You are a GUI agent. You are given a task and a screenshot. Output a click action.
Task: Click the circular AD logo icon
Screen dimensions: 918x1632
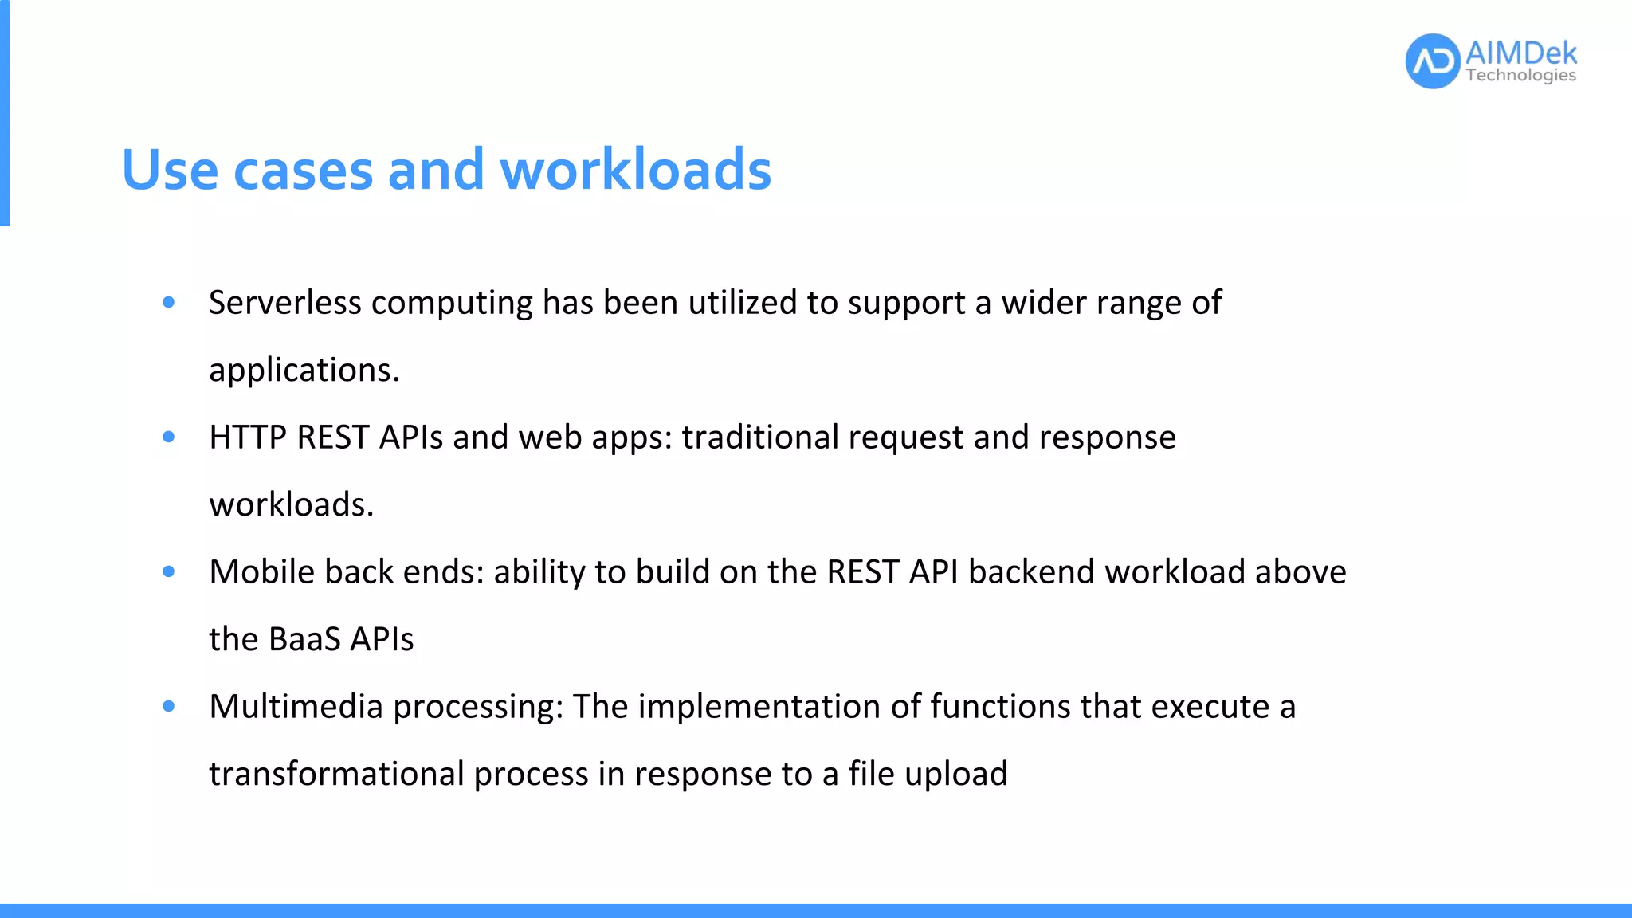click(x=1433, y=61)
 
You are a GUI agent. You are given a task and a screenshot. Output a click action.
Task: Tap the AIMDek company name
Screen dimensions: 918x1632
click(x=1520, y=53)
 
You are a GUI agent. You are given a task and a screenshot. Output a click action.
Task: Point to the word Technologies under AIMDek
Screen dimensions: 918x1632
click(x=1520, y=76)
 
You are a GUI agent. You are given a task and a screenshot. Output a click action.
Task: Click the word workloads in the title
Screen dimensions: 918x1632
click(x=636, y=170)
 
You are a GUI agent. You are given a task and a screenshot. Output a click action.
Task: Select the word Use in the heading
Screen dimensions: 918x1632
click(x=170, y=170)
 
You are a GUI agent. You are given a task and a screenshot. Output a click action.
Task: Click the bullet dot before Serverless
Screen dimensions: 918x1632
click(x=168, y=302)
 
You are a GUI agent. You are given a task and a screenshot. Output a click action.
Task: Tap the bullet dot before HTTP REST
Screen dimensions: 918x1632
click(x=168, y=437)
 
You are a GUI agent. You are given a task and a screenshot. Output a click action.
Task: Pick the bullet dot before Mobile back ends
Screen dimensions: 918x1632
click(x=168, y=571)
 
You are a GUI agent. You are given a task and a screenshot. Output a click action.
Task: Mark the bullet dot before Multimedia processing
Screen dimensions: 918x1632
click(x=168, y=706)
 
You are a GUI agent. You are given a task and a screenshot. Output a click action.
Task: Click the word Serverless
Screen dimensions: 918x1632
click(x=284, y=303)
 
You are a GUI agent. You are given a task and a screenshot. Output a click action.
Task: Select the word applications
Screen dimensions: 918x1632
click(x=304, y=371)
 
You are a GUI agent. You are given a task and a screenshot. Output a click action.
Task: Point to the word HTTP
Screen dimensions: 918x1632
click(x=247, y=437)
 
